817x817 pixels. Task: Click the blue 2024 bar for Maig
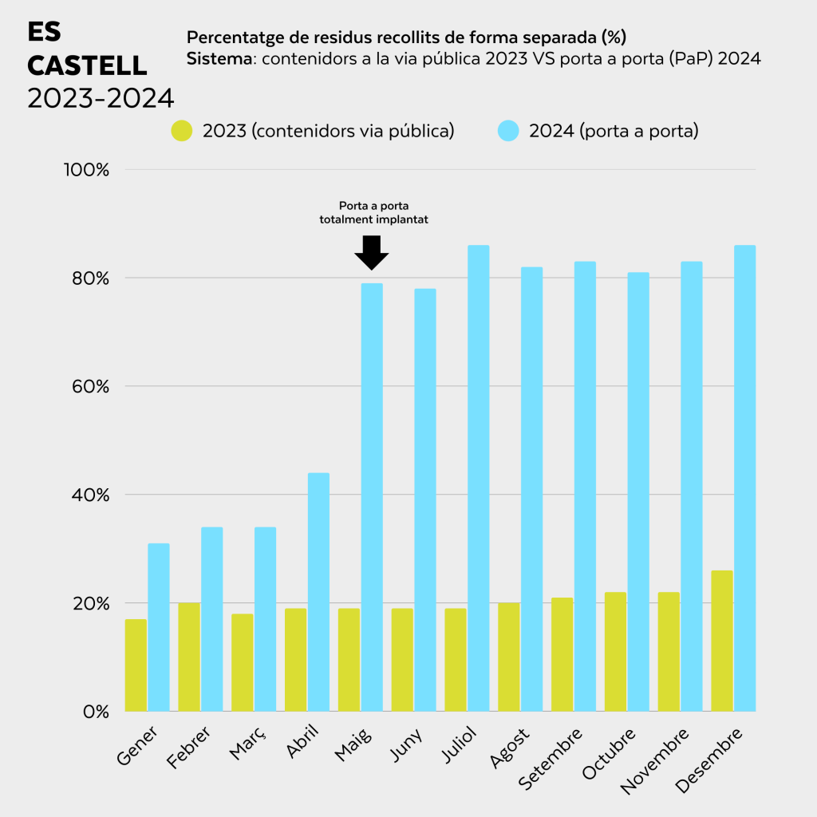point(372,497)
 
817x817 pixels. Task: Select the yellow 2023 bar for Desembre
point(721,641)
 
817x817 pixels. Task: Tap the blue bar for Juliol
point(479,478)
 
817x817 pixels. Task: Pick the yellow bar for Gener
point(136,665)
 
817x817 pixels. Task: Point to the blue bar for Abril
point(318,592)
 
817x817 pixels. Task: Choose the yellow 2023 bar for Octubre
point(615,651)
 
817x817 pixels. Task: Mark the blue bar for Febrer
point(212,619)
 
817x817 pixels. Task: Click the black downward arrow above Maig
point(372,253)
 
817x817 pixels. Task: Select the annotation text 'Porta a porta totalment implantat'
point(373,212)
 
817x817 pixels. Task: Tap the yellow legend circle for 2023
point(182,131)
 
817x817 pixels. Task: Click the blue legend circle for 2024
point(508,131)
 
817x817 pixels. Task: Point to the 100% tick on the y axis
point(86,170)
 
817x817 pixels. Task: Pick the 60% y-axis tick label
point(91,387)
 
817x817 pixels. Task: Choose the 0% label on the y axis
point(96,712)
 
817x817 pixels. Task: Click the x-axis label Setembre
point(551,758)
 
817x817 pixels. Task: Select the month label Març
point(247,743)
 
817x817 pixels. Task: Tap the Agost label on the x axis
point(509,748)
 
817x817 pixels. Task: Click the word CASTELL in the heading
point(87,65)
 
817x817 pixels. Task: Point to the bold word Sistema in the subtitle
point(219,58)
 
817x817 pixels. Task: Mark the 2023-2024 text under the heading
point(101,98)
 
